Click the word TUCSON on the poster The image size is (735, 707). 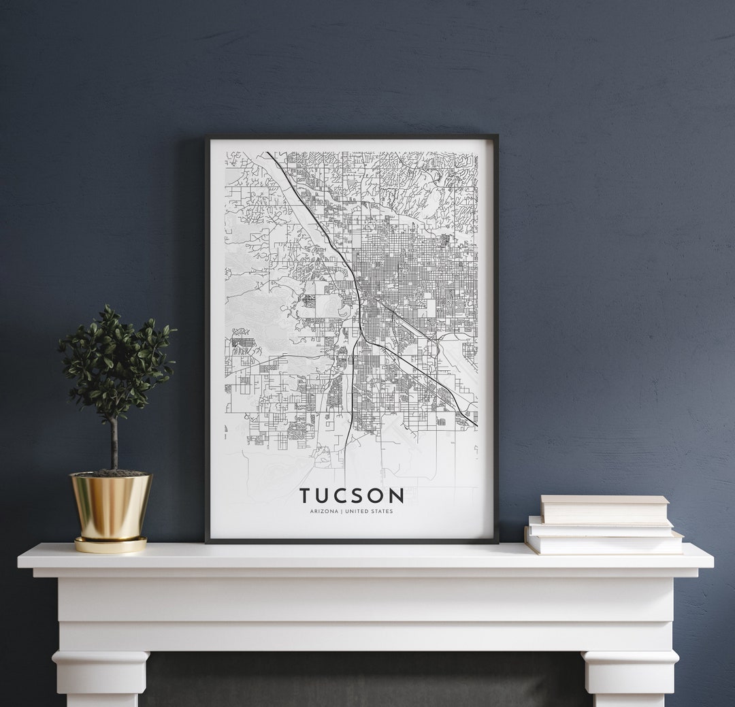(x=351, y=495)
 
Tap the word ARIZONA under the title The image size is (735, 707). (x=324, y=511)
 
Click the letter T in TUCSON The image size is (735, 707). (x=306, y=495)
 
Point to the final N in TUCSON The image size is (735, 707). (x=397, y=495)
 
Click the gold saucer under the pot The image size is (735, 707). (x=110, y=545)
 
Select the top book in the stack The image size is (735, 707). (x=604, y=509)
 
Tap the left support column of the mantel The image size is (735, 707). (x=101, y=677)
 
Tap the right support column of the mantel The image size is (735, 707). (x=630, y=677)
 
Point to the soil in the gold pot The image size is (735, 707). (x=110, y=473)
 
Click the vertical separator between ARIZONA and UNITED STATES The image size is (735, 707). (x=341, y=511)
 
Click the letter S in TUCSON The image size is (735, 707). (x=359, y=495)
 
